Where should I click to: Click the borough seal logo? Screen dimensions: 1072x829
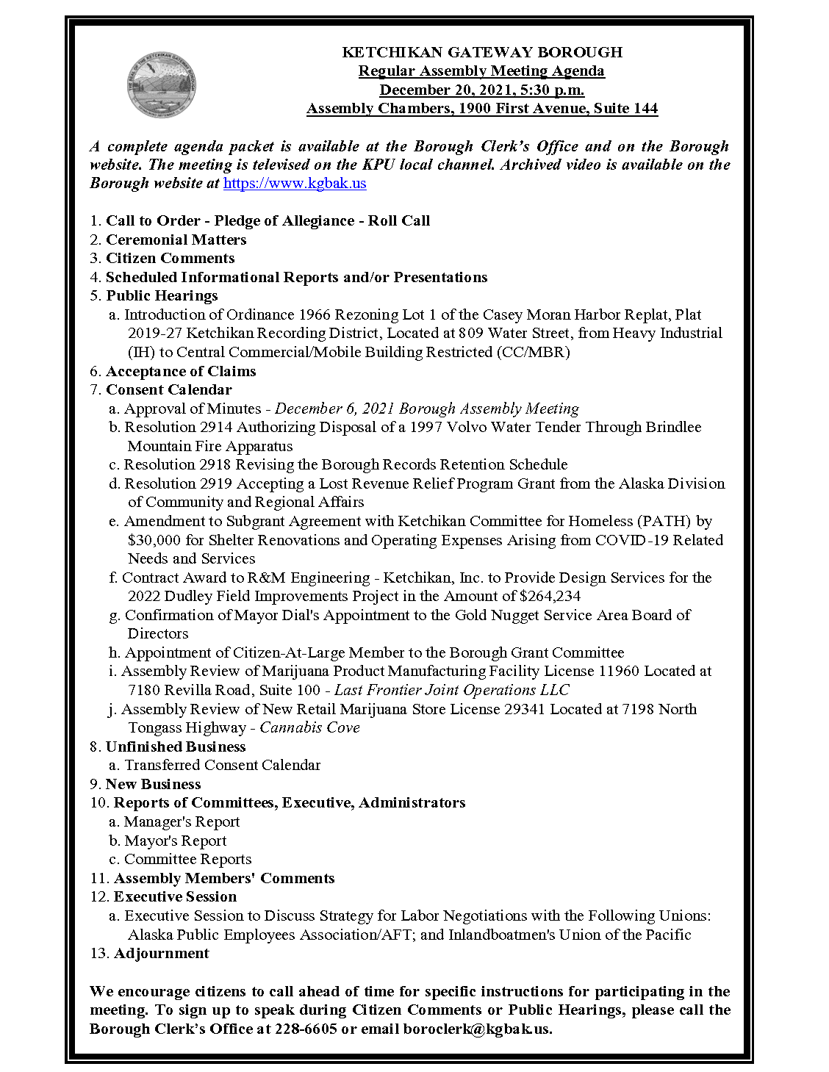162,85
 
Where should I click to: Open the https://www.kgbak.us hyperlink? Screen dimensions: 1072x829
294,184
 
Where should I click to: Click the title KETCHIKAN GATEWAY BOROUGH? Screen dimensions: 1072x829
482,52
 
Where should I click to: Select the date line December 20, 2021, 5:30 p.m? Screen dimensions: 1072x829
481,90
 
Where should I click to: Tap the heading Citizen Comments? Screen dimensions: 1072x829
170,259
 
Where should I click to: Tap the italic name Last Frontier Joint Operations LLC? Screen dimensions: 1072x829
451,690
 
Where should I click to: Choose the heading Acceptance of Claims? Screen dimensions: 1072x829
181,371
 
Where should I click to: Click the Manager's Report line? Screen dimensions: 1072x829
182,821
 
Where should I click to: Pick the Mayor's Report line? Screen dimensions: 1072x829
175,841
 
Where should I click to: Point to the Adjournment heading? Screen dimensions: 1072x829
161,953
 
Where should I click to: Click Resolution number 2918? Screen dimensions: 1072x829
215,464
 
